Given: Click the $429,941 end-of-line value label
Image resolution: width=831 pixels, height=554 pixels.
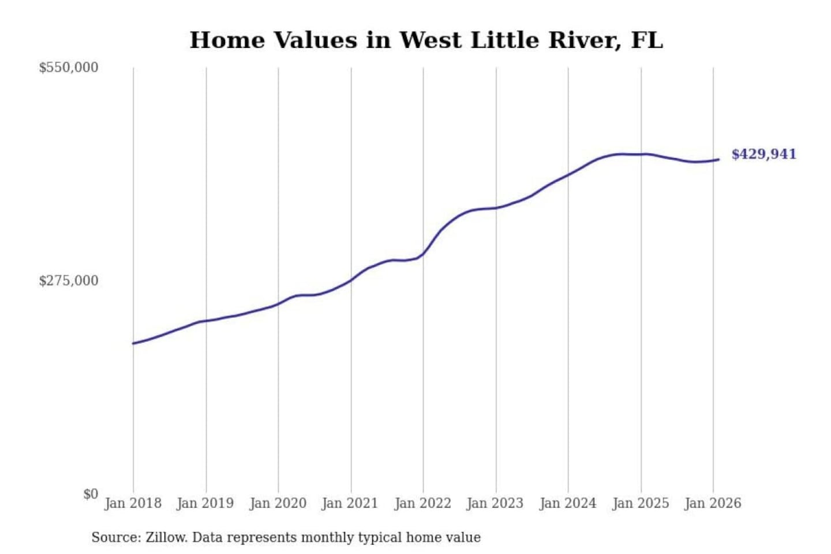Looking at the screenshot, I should [763, 154].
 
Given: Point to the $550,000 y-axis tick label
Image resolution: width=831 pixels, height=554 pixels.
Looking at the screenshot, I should [68, 68].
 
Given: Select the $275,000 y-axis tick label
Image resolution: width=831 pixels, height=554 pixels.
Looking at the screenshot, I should [68, 281].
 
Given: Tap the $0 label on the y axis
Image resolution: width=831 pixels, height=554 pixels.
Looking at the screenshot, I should [91, 494].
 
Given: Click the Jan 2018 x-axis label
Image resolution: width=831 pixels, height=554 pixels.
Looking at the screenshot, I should [133, 503].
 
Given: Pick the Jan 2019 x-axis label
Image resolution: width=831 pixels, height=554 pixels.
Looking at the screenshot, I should [205, 503].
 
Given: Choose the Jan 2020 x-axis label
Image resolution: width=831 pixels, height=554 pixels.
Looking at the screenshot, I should [278, 503].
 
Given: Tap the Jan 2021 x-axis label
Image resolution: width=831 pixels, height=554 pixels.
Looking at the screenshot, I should [350, 503].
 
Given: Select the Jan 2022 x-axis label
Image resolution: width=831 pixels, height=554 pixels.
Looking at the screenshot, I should [422, 503].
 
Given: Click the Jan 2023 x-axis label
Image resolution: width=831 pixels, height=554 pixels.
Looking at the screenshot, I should [495, 503].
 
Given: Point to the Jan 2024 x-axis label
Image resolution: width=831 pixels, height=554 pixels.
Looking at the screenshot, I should [567, 503].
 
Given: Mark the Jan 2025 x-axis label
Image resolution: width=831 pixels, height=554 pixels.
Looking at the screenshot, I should [640, 503].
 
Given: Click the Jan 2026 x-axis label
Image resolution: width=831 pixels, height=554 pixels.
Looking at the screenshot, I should [712, 503].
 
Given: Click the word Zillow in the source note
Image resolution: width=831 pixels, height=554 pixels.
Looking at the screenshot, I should [166, 538].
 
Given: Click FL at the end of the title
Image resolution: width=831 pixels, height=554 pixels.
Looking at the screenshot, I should [647, 40].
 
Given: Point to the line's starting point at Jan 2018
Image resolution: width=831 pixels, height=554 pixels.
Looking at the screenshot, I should [133, 343].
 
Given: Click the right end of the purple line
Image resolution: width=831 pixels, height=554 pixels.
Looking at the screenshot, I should [718, 159].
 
